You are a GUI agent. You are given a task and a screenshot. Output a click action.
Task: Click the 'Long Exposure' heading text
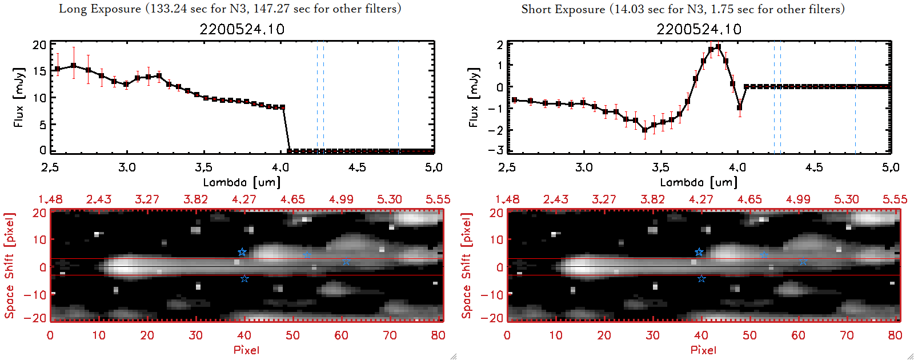101,9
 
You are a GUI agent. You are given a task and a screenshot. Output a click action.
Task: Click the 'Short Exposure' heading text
563,9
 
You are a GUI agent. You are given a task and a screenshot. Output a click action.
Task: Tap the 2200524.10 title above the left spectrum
242,29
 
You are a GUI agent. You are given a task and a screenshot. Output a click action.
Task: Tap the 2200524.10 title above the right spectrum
699,29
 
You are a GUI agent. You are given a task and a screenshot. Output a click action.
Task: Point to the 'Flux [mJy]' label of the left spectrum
19,98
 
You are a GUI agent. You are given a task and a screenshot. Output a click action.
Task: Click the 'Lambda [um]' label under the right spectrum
699,182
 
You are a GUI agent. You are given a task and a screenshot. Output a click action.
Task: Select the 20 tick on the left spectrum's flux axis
39,45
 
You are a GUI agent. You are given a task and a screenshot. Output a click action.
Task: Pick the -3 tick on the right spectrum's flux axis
496,150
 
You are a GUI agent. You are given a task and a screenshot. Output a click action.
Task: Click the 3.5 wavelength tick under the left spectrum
204,167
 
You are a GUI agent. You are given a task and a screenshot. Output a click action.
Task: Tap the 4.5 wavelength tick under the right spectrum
814,167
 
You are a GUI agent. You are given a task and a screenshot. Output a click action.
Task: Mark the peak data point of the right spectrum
718,47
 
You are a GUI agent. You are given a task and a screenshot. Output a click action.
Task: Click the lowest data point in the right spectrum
645,130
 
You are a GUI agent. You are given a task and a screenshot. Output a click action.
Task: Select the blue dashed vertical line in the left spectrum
323,97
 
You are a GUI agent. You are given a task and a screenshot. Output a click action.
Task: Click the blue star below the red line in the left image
244,279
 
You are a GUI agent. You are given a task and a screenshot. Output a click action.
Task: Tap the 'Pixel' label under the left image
246,350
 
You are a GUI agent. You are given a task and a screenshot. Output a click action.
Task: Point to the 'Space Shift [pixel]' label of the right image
467,266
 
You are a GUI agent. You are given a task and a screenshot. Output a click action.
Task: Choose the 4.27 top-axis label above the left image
244,199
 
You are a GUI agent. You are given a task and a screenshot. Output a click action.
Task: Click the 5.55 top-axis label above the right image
895,199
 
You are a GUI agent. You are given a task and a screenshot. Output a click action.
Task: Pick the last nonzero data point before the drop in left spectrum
282,107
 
